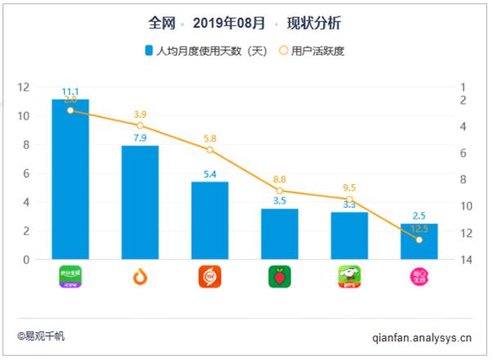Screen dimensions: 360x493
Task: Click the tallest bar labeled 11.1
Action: [x=70, y=180]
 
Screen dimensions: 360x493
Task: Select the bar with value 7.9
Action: [x=140, y=203]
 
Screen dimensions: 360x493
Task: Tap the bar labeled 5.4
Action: [x=210, y=221]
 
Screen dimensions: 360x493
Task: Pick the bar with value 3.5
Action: [x=280, y=235]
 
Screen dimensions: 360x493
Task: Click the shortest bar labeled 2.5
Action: [x=419, y=242]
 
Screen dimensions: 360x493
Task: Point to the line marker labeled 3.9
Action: [x=141, y=125]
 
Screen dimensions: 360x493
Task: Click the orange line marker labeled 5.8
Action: [x=210, y=150]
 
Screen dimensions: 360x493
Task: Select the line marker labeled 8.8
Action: [x=280, y=191]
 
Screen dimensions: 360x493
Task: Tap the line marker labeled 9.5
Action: [x=349, y=200]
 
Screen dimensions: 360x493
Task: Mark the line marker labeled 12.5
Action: [x=419, y=240]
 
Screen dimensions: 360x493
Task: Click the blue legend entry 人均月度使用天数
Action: [x=205, y=51]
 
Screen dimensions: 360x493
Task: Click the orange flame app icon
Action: [x=140, y=277]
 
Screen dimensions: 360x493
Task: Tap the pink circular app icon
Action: [x=419, y=277]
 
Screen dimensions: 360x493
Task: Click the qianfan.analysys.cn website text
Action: [x=422, y=335]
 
